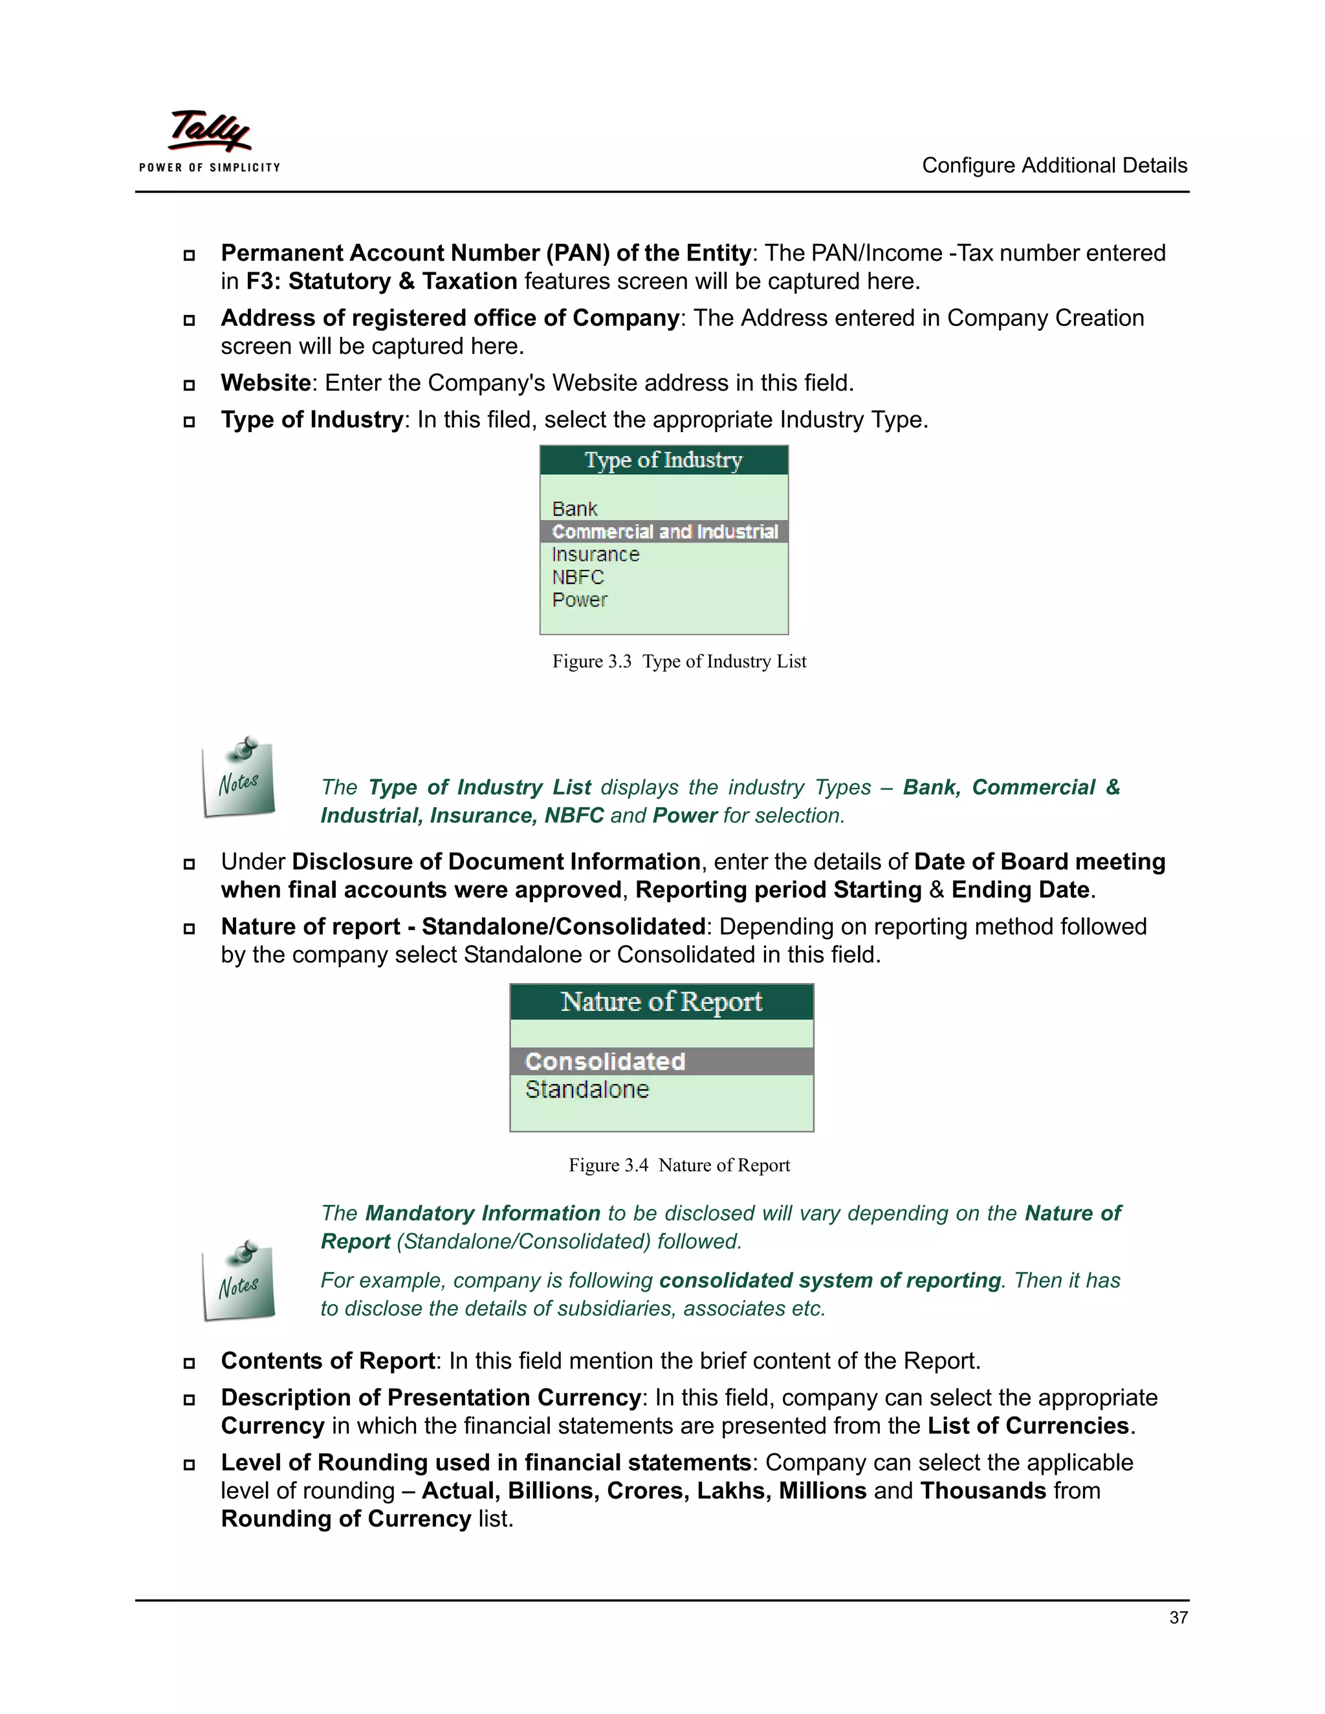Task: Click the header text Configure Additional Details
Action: click(x=1053, y=166)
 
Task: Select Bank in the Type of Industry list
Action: click(x=575, y=508)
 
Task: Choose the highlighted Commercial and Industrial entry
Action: click(x=664, y=531)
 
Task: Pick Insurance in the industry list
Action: click(x=595, y=554)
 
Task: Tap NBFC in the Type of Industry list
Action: click(x=578, y=577)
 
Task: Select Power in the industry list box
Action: click(x=579, y=600)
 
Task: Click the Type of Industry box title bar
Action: click(x=663, y=460)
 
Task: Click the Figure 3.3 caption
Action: click(x=679, y=661)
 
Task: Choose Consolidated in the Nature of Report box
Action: click(x=605, y=1061)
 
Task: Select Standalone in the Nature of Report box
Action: click(x=587, y=1089)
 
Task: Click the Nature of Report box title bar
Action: click(x=661, y=1002)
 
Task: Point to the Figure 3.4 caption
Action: click(x=679, y=1165)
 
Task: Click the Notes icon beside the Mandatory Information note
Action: click(x=239, y=1280)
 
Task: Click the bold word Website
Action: click(x=266, y=383)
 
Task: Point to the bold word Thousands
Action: click(x=983, y=1490)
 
